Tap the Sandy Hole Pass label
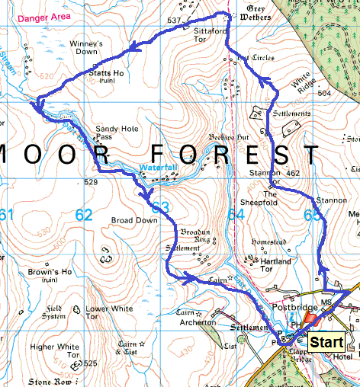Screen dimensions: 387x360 [114, 134]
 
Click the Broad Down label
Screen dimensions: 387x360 [133, 220]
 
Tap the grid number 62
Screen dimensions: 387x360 [83, 216]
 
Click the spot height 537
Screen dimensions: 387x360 [174, 20]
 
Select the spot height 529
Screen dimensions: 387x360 [92, 183]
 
